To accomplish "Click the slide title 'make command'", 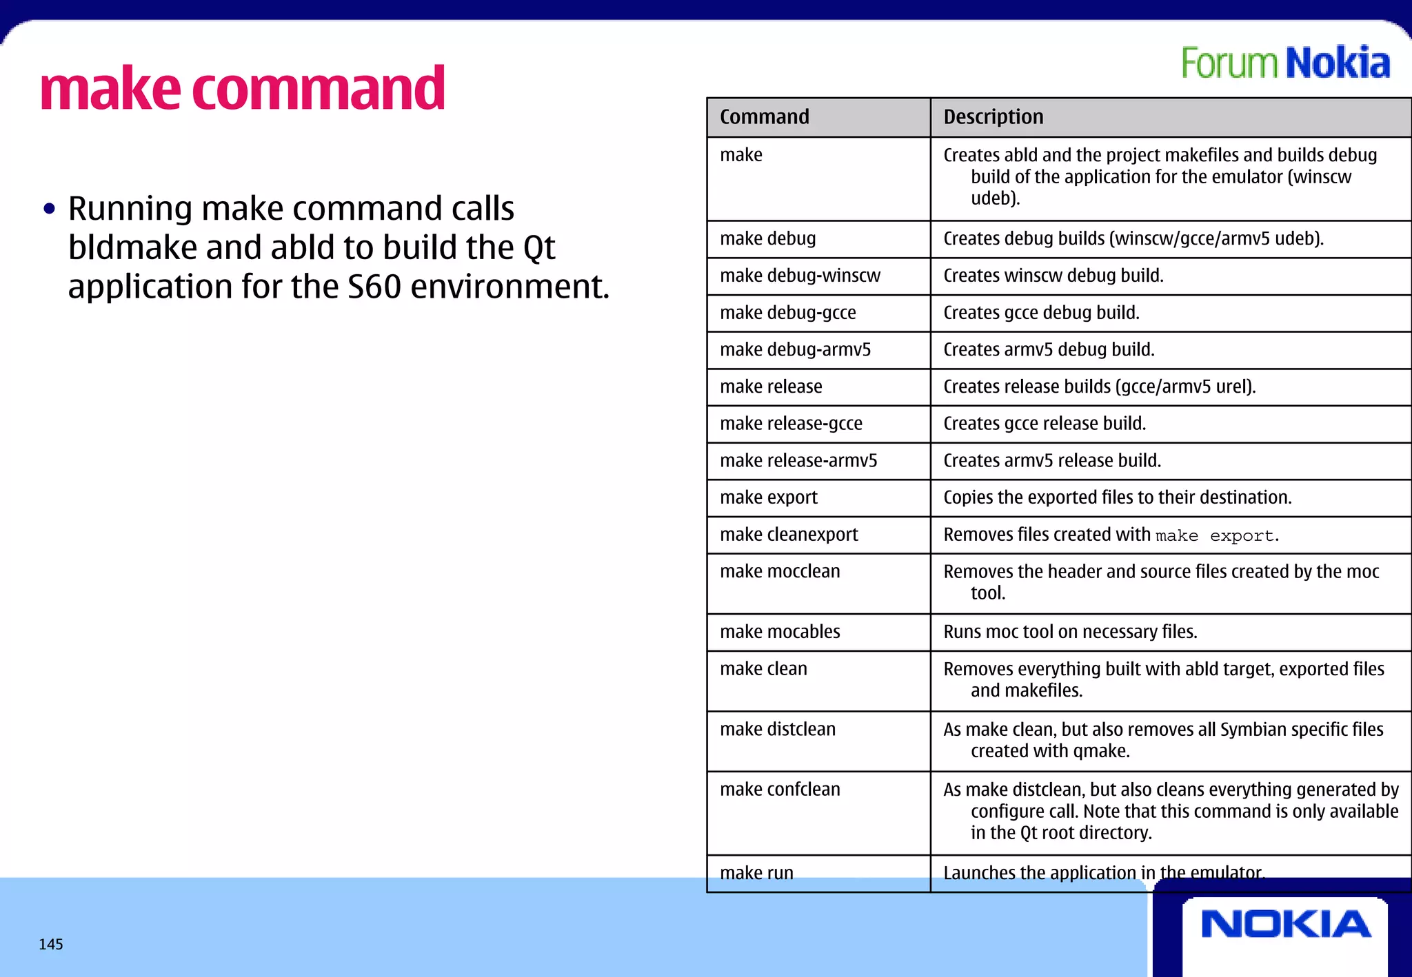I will click(x=243, y=88).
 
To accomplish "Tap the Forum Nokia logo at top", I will click(x=1285, y=63).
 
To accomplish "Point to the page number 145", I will click(x=51, y=944).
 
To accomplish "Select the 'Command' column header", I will click(x=765, y=117).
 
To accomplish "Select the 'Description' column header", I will click(x=994, y=117).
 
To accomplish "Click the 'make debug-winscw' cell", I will click(x=800, y=276).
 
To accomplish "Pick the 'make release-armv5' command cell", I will click(x=798, y=460).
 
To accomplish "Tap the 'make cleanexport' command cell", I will click(x=789, y=535).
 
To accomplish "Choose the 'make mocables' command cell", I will click(x=780, y=632).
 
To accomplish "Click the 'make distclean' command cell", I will click(x=778, y=729).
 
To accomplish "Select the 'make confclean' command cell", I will click(x=780, y=790).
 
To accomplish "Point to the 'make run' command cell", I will click(x=756, y=873).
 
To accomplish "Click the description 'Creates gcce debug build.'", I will click(x=1041, y=313).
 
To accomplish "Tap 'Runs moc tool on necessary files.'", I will click(x=1070, y=632).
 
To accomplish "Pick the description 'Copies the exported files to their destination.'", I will click(x=1117, y=497).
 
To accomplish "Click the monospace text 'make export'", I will click(x=1215, y=536).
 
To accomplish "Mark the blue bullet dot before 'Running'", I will click(x=49, y=209).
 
